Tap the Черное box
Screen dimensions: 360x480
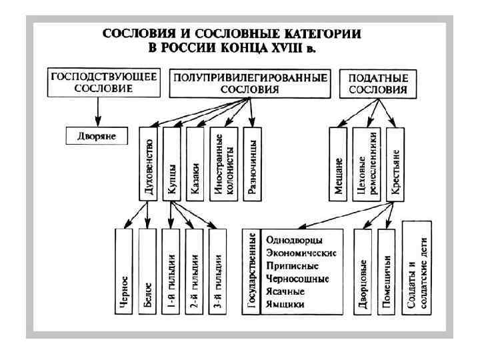pyautogui.click(x=125, y=273)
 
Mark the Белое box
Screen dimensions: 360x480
pyautogui.click(x=149, y=273)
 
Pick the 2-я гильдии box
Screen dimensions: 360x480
pyautogui.click(x=194, y=273)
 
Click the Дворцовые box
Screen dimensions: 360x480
pyautogui.click(x=363, y=273)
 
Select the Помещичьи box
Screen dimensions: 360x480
pyautogui.click(x=387, y=273)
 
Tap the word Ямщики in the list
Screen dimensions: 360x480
pyautogui.click(x=285, y=304)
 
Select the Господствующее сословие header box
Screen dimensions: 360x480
pyautogui.click(x=103, y=83)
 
